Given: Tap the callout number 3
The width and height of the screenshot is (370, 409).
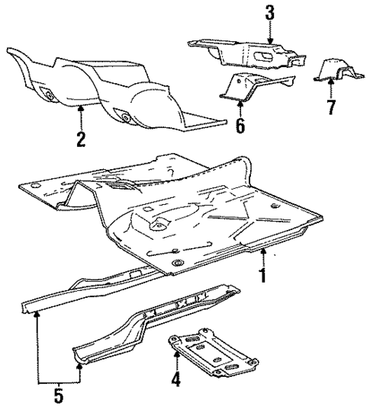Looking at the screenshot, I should coord(269,13).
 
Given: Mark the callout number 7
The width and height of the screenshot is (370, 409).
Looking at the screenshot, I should coord(330,107).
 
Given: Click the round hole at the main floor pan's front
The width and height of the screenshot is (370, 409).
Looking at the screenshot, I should coord(176,263).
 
